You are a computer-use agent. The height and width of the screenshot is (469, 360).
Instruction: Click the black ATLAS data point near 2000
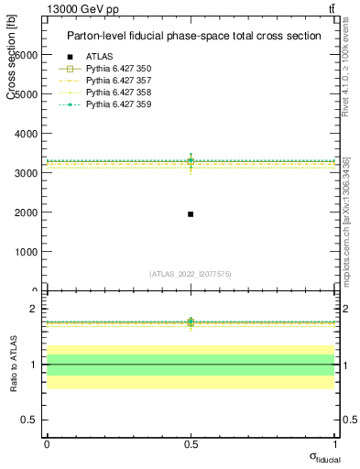click(191, 213)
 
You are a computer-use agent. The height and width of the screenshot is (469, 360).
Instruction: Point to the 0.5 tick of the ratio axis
click(27, 420)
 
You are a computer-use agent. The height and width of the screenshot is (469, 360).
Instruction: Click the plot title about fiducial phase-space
click(193, 36)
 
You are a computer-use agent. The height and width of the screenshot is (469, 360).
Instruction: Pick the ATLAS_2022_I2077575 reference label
click(191, 273)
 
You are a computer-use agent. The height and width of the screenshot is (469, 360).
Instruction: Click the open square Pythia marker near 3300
click(191, 161)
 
